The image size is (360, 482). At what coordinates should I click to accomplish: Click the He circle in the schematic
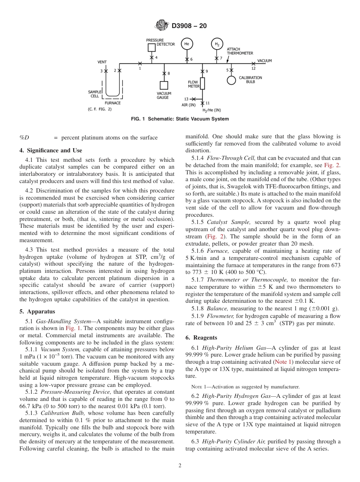[186, 44]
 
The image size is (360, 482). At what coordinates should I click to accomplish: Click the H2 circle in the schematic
[217, 44]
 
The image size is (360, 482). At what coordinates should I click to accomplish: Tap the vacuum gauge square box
[164, 85]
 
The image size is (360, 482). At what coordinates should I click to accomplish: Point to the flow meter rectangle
[202, 83]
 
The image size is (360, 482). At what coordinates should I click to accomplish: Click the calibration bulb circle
[231, 80]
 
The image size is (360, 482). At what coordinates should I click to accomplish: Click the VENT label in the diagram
[102, 62]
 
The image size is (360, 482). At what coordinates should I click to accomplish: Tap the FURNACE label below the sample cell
[113, 103]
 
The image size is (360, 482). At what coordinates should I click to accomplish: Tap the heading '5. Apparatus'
[37, 311]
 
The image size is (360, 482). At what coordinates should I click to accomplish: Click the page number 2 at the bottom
[180, 466]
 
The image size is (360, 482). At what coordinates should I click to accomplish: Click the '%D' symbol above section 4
[24, 138]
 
